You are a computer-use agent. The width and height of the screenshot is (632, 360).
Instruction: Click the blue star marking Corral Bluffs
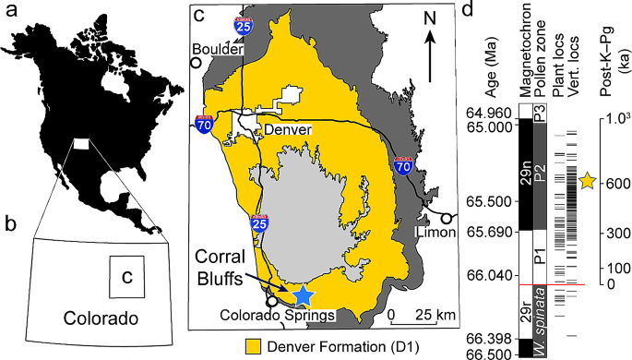[x=302, y=295]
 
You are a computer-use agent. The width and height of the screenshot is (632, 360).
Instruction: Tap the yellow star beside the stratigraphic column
[x=588, y=181]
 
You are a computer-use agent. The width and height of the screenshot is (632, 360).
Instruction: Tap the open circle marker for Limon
[x=447, y=218]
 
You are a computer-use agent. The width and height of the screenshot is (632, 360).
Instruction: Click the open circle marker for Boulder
[x=196, y=63]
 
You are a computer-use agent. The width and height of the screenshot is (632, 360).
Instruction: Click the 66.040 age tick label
[x=485, y=275]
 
